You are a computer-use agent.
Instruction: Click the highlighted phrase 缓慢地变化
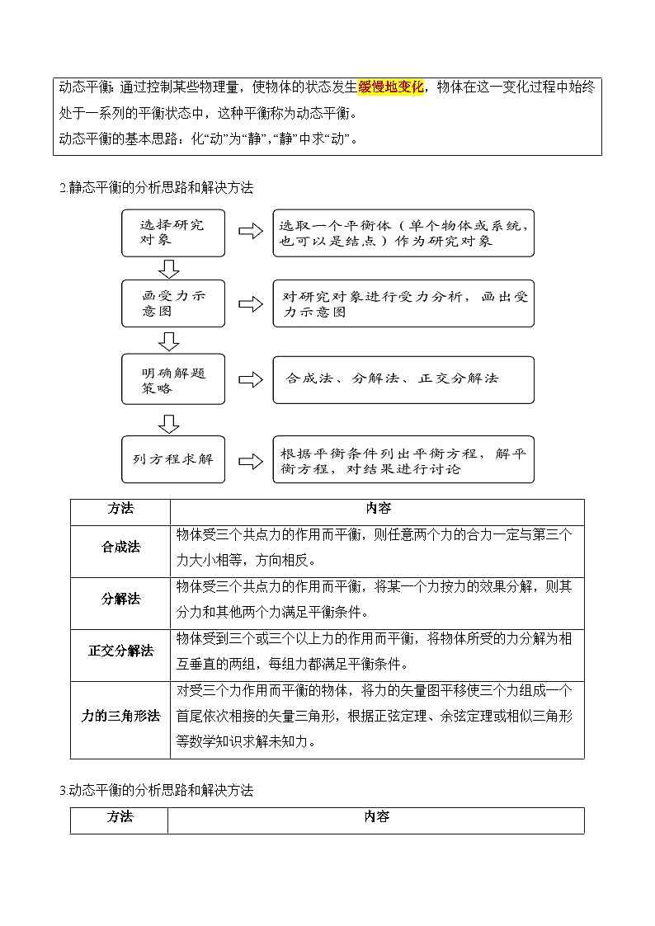click(x=391, y=87)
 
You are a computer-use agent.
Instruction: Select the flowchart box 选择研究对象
click(x=173, y=232)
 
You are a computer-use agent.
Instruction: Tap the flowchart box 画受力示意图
click(x=173, y=303)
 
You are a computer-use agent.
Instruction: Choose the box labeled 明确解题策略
click(x=173, y=379)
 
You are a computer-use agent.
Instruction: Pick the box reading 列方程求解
click(x=173, y=458)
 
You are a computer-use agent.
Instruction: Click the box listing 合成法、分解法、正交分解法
click(x=403, y=379)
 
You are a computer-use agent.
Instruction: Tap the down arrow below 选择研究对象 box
click(x=169, y=268)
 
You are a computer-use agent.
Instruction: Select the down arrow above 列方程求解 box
click(x=169, y=423)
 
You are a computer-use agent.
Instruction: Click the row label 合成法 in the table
click(x=120, y=548)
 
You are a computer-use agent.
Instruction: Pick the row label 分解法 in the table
click(x=120, y=599)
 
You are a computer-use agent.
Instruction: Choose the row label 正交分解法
click(x=120, y=651)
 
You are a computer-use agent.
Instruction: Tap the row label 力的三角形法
click(x=120, y=716)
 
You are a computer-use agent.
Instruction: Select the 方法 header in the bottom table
click(x=120, y=817)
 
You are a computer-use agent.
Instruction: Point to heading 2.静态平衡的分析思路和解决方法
click(x=156, y=188)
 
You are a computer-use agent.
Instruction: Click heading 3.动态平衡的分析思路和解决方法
click(x=156, y=790)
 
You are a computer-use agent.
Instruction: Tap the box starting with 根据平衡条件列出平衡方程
click(x=403, y=459)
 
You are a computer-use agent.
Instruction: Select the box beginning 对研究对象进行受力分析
click(x=403, y=303)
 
